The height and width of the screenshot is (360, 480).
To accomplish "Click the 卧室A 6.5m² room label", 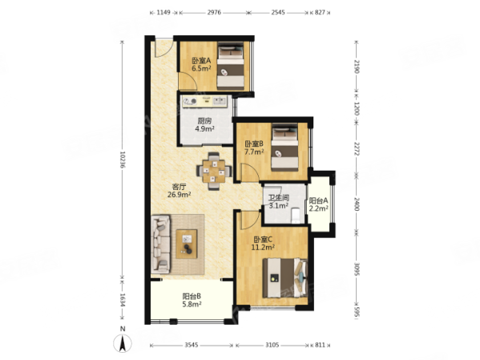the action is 201,64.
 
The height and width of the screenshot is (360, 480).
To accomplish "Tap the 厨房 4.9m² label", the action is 204,125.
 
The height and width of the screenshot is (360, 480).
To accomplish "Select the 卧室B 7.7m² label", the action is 254,148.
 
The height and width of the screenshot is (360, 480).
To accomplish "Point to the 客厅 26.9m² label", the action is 179,191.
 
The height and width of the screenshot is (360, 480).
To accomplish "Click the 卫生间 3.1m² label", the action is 279,201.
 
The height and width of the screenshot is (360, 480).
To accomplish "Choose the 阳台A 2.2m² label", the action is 319,204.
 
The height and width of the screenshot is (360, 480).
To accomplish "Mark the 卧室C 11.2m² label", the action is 263,243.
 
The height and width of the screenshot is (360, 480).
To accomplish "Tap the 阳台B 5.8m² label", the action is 192,300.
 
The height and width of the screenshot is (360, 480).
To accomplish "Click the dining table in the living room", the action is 214,172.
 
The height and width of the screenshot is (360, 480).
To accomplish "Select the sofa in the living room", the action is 161,245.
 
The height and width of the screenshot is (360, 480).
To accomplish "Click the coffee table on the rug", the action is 187,244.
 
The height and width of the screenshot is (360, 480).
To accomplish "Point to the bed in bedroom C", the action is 285,277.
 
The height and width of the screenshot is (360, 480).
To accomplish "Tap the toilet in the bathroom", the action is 296,216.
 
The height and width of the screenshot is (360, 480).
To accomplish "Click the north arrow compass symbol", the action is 123,343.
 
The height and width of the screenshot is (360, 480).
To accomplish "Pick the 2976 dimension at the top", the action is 214,13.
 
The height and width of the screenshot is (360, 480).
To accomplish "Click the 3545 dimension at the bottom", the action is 192,346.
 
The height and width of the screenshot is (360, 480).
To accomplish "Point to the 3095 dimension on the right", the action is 357,269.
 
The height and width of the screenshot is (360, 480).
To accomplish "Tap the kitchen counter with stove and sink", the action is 204,101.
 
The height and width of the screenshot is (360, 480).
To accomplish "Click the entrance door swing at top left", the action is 163,47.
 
